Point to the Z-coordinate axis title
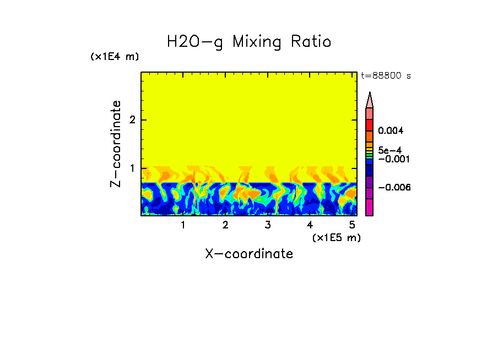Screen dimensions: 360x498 [x=116, y=144]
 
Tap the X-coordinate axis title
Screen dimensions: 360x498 [x=249, y=254]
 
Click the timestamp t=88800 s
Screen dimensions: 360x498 [x=386, y=76]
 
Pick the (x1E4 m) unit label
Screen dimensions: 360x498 [x=115, y=57]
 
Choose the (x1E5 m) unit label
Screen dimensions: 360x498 [x=336, y=237]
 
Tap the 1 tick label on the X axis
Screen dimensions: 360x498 [x=183, y=225]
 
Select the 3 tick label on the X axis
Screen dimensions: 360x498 [x=268, y=225]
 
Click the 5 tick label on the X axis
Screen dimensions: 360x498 [x=352, y=225]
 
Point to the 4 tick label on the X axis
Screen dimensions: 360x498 [x=310, y=225]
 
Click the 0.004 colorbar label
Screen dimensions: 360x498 [x=391, y=130]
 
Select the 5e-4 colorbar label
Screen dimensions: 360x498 [x=389, y=150]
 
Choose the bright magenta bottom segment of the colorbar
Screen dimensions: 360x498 [x=370, y=207]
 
